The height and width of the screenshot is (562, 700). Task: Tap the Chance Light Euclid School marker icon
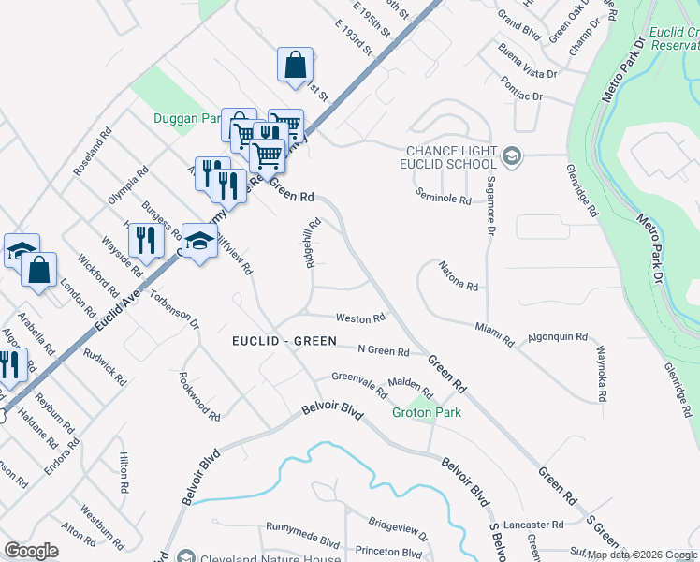(511, 155)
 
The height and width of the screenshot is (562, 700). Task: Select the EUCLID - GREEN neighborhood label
(284, 341)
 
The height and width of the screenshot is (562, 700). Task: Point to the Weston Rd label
(360, 319)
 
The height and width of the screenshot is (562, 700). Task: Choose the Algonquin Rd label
(558, 336)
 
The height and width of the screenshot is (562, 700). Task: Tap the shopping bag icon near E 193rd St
(295, 66)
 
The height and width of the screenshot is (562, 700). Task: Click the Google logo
(31, 551)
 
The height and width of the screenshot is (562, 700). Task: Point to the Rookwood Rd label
(199, 403)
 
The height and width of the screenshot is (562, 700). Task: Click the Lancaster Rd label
(532, 525)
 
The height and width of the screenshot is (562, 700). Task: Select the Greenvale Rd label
(357, 384)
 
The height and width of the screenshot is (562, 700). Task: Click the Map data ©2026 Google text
(642, 555)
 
